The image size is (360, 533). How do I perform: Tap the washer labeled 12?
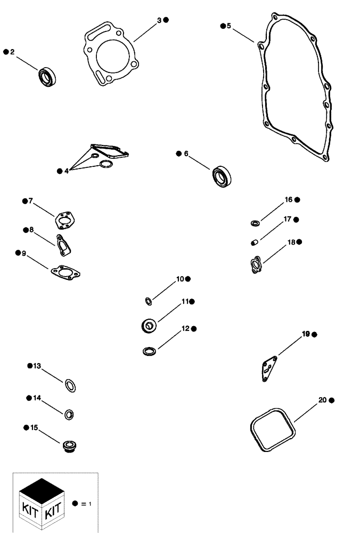[150, 351]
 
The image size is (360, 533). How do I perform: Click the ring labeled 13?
[70, 384]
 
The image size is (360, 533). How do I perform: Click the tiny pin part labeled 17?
[255, 243]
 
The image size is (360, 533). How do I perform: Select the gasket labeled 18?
[256, 264]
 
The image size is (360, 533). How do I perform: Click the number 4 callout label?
[66, 171]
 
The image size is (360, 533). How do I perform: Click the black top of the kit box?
[40, 486]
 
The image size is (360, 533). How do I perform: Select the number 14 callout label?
[37, 398]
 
